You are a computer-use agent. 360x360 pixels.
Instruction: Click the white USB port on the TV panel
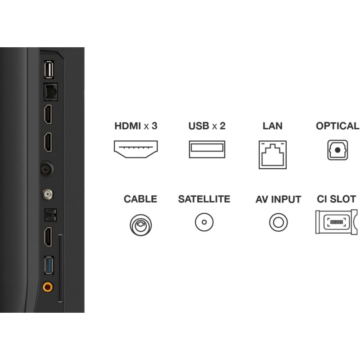(49, 70)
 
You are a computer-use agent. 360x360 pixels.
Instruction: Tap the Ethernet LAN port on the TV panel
(50, 92)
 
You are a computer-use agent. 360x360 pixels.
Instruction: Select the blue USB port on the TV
(49, 265)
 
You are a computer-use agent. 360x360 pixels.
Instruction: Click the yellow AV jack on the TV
(48, 287)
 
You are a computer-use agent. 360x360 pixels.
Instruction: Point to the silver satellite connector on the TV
(47, 195)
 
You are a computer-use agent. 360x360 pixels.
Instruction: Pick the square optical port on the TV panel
(50, 215)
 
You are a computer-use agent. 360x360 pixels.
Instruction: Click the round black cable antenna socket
(47, 169)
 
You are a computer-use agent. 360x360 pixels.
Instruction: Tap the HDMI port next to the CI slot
(48, 237)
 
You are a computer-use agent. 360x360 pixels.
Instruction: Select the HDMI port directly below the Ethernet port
(48, 114)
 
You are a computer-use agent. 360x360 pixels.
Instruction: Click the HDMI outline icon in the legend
(136, 149)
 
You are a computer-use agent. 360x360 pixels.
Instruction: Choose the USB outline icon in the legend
(207, 149)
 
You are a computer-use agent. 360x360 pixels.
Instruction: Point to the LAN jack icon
(273, 155)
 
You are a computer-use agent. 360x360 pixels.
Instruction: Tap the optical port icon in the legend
(337, 150)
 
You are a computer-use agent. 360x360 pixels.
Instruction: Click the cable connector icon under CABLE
(141, 225)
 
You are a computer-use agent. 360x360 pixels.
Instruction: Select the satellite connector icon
(204, 222)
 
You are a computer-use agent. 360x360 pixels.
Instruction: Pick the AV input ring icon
(278, 222)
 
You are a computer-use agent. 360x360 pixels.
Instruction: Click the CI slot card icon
(337, 222)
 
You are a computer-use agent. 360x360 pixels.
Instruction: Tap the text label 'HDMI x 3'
(136, 126)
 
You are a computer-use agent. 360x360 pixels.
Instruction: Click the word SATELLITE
(204, 199)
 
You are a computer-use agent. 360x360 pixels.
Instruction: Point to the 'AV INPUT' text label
(278, 199)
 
